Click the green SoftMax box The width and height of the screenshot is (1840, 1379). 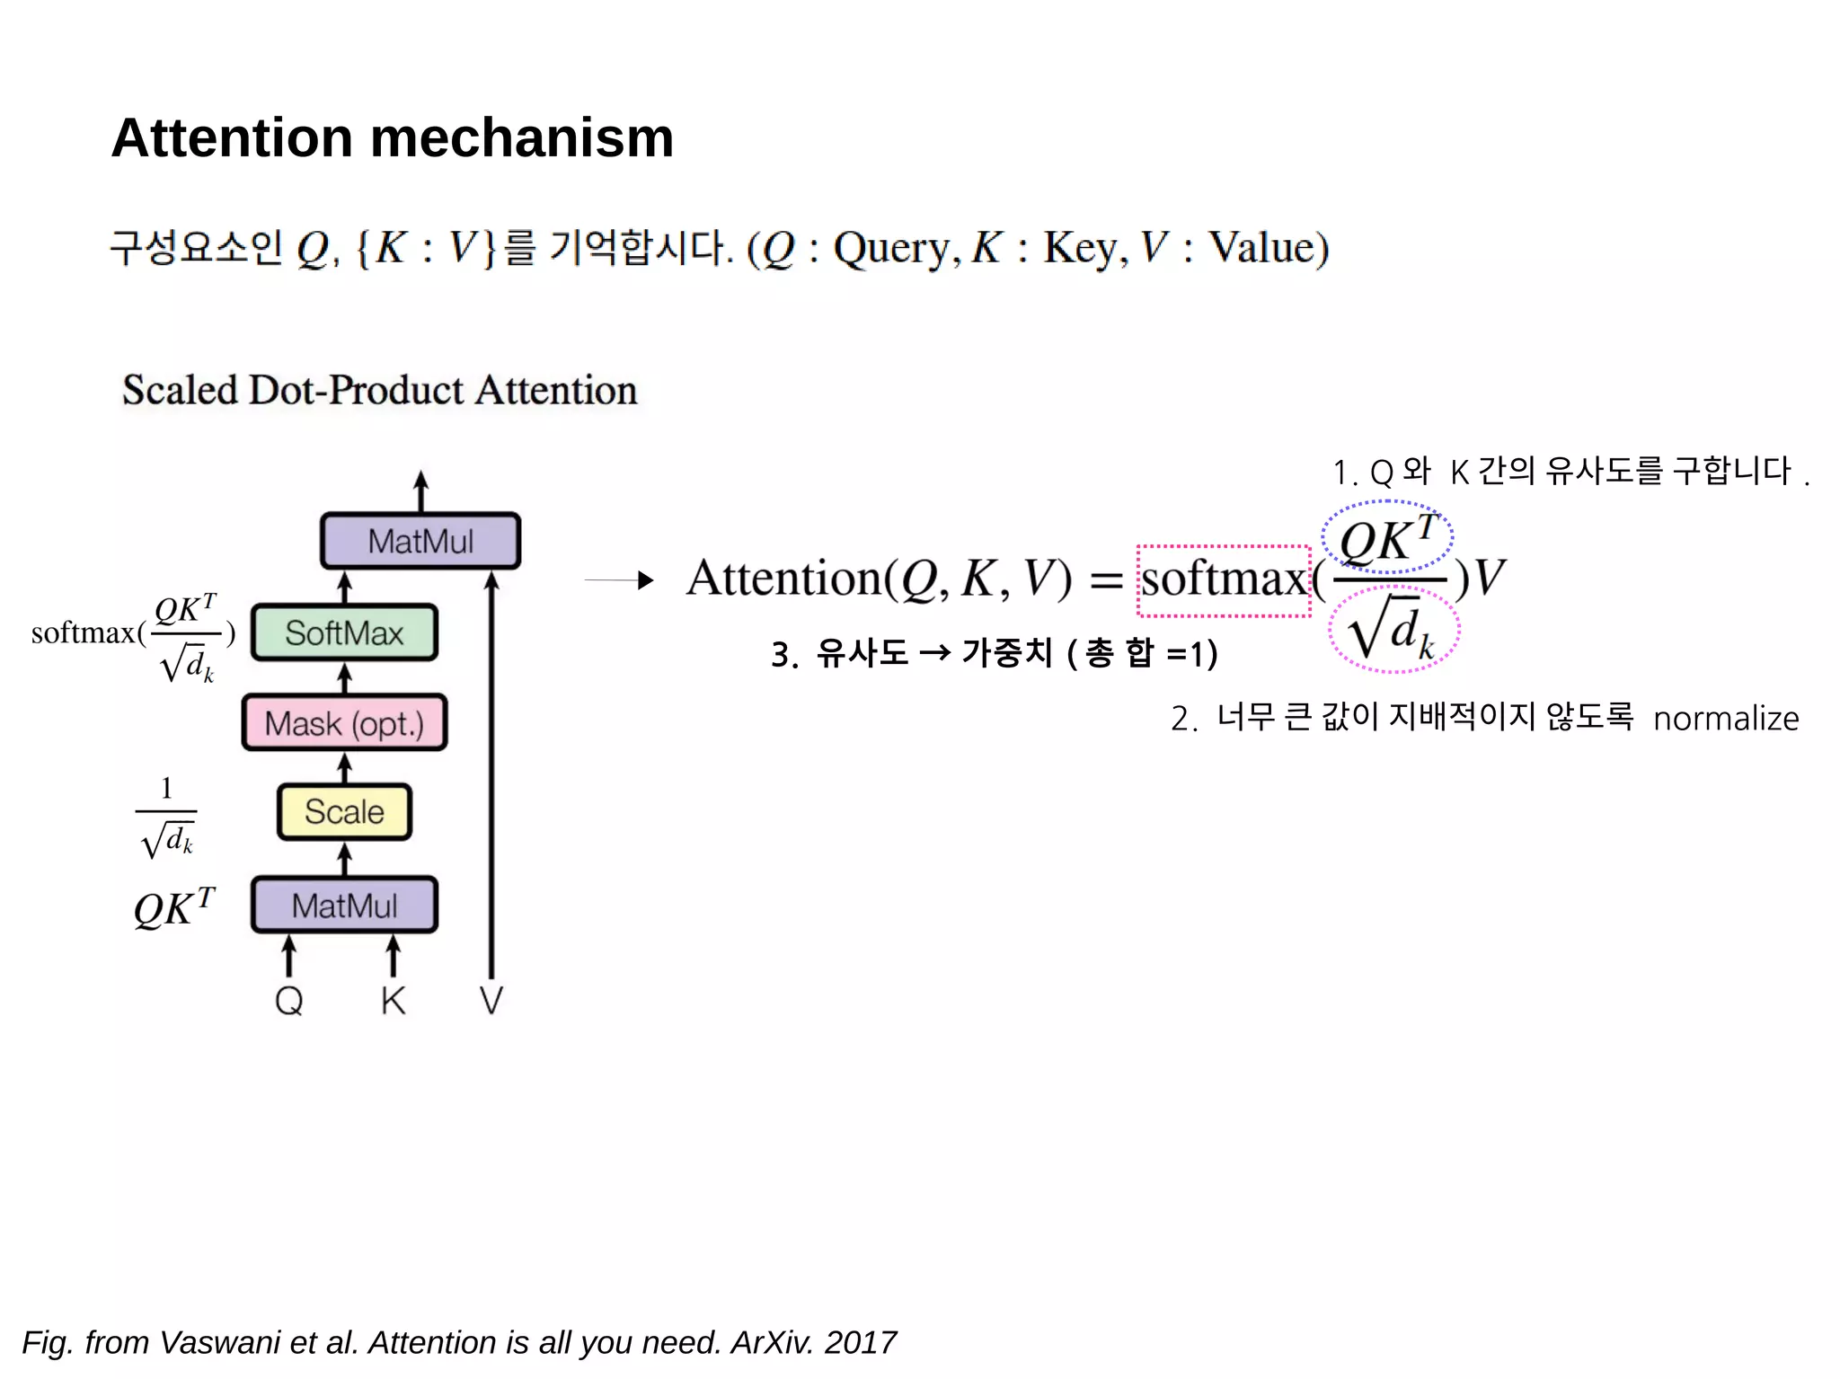(x=344, y=633)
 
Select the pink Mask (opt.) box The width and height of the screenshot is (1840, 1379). (x=344, y=723)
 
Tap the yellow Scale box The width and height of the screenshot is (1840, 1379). (x=344, y=812)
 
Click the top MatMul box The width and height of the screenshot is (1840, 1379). (x=420, y=541)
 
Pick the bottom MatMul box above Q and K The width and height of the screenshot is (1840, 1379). (x=344, y=906)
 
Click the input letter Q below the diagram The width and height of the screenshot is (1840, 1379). (x=288, y=1000)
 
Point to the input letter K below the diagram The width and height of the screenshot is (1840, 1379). (x=393, y=1000)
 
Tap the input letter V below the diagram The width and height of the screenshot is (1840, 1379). (x=491, y=1000)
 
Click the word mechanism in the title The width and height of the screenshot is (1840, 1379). (x=521, y=138)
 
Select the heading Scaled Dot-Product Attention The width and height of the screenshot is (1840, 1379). (x=379, y=391)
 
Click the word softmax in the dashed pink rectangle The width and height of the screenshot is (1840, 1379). (x=1223, y=579)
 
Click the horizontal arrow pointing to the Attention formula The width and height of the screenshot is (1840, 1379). (x=619, y=580)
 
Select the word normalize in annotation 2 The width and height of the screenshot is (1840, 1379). (x=1725, y=719)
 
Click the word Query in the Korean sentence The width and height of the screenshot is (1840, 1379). (x=891, y=248)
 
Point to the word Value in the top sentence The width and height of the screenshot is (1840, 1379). (x=1267, y=248)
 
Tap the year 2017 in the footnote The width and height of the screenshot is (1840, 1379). (x=860, y=1342)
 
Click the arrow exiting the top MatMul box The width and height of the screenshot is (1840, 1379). (x=420, y=491)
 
